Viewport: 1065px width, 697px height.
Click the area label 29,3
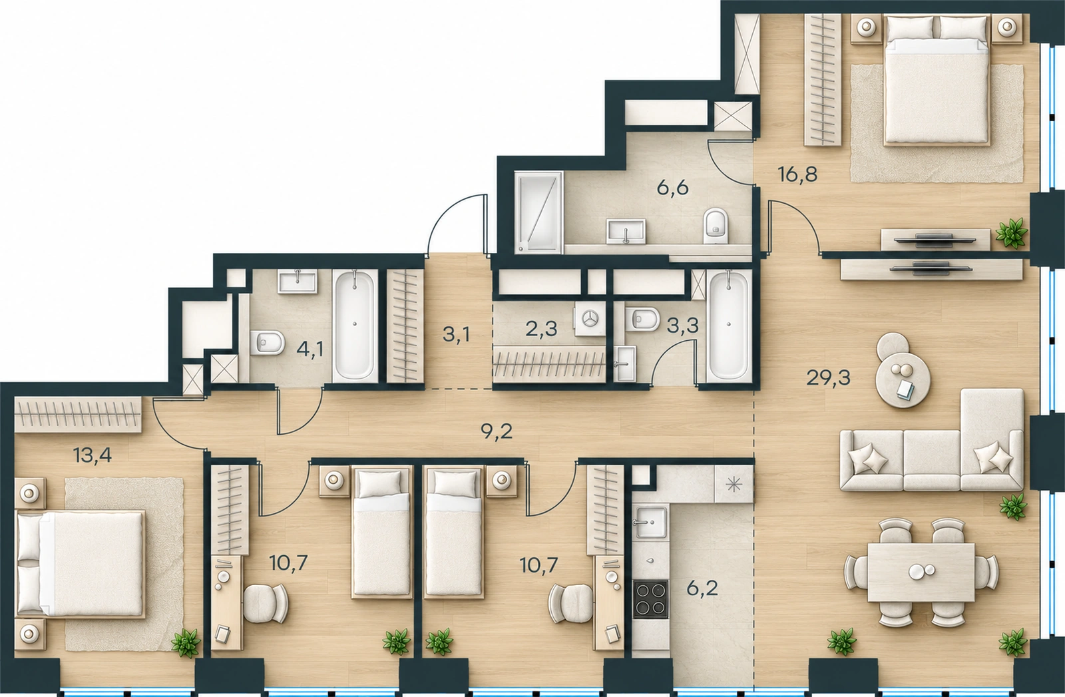coord(828,378)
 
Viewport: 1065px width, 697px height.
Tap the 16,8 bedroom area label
coord(798,175)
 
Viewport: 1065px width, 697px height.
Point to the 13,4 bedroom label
coord(93,456)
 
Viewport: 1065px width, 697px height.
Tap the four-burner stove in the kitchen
coord(650,599)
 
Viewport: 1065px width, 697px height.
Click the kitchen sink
coord(650,522)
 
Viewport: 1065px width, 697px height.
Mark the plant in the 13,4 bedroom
coord(185,643)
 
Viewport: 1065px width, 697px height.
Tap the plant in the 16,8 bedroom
coord(1010,232)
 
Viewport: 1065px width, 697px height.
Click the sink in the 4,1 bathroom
coord(298,281)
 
